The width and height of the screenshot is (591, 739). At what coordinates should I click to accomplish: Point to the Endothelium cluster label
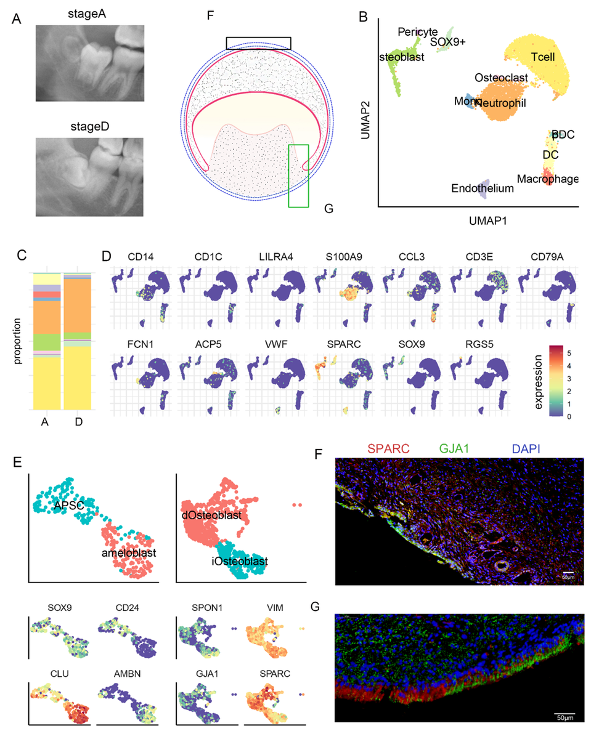(483, 188)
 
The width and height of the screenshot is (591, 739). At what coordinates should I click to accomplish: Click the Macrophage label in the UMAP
(548, 179)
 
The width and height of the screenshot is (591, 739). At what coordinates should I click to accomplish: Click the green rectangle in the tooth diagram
(298, 176)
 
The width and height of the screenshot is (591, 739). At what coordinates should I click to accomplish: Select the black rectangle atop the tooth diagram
(258, 42)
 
